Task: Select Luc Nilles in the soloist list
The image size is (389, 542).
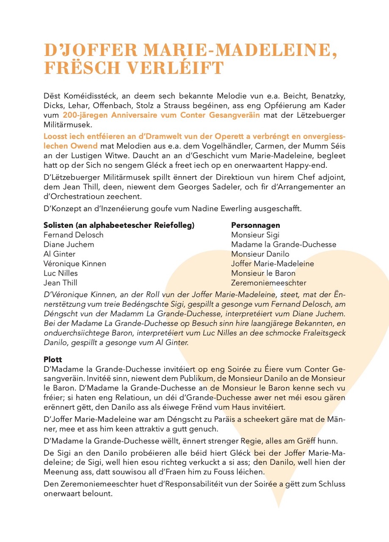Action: (x=61, y=273)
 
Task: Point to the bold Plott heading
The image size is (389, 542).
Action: (x=53, y=359)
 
